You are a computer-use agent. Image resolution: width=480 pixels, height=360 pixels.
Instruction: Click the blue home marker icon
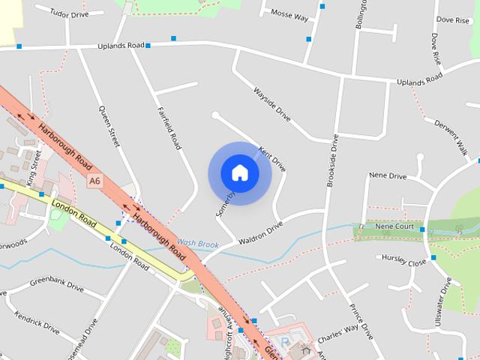(x=240, y=172)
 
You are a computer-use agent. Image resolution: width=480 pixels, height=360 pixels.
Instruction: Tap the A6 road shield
(x=94, y=181)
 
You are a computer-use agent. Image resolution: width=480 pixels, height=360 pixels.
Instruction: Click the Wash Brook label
(x=198, y=244)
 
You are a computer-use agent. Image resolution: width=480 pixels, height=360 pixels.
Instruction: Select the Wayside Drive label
(x=271, y=104)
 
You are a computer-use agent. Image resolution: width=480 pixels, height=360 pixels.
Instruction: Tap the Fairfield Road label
(x=169, y=127)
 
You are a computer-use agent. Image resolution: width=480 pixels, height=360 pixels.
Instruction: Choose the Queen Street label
(x=109, y=125)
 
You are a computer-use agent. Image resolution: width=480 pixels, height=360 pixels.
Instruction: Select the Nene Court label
(x=394, y=226)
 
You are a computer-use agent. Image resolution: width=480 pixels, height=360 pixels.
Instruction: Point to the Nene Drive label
(x=388, y=176)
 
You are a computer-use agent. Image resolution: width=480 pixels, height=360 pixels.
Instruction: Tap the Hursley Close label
(x=403, y=260)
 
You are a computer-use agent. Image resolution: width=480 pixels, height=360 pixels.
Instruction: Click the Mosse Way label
(x=289, y=15)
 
